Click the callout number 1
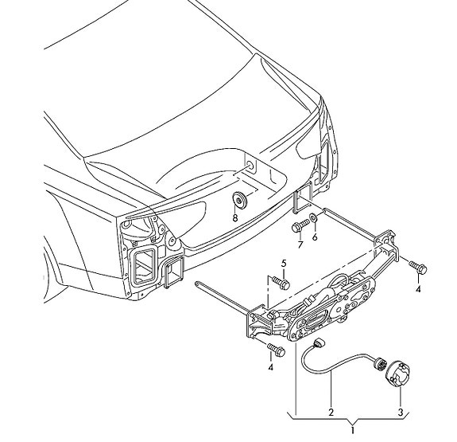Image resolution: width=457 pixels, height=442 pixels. [x=353, y=430]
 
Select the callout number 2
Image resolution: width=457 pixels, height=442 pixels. [x=331, y=413]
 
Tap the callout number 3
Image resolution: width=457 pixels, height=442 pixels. [x=401, y=413]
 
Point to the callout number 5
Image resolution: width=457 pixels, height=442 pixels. [x=284, y=264]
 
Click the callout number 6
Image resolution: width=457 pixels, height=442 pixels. [x=315, y=237]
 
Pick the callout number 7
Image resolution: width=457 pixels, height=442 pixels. [x=300, y=244]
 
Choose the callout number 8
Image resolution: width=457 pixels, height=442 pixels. [x=235, y=217]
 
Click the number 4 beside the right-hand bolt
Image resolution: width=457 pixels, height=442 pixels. [x=418, y=289]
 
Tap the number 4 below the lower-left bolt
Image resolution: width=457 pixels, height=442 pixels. [x=271, y=367]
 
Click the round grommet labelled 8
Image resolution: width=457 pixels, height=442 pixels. [x=239, y=200]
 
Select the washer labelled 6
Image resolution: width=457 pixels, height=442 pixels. [x=314, y=217]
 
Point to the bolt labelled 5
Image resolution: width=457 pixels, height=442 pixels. [x=281, y=283]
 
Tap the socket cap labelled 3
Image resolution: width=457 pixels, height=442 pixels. [x=397, y=373]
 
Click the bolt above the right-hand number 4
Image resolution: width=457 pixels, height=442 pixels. [x=418, y=267]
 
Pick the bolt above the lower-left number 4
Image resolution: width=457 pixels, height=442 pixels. [x=276, y=349]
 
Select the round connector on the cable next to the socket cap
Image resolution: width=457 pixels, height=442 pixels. [x=379, y=364]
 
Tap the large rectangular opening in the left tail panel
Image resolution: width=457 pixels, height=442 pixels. [x=144, y=265]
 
